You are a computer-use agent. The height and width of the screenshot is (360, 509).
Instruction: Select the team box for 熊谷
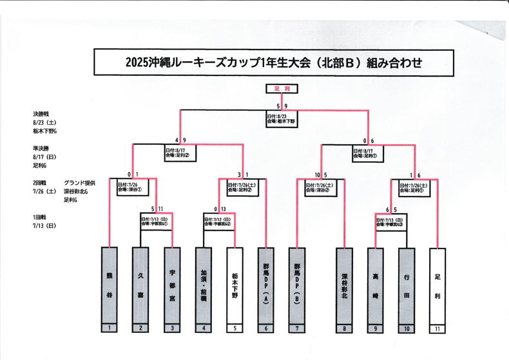(110, 284)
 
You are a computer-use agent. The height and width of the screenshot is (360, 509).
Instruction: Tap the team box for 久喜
(140, 284)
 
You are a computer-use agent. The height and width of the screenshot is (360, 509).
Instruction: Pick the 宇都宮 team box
(171, 284)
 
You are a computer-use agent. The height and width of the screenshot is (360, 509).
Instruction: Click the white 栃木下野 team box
(235, 284)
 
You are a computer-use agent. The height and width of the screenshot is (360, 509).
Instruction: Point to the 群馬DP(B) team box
(298, 284)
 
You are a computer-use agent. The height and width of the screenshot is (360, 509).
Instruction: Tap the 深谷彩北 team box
(345, 284)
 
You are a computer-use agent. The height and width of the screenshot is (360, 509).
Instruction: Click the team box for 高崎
(376, 284)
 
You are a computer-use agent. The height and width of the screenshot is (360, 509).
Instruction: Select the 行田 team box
(406, 284)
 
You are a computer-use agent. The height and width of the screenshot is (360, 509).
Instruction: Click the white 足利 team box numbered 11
(437, 284)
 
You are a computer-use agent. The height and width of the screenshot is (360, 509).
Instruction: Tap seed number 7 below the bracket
(298, 328)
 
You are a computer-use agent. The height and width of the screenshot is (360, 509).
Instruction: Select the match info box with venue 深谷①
(132, 187)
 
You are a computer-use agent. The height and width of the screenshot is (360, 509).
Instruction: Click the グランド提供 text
(80, 183)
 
